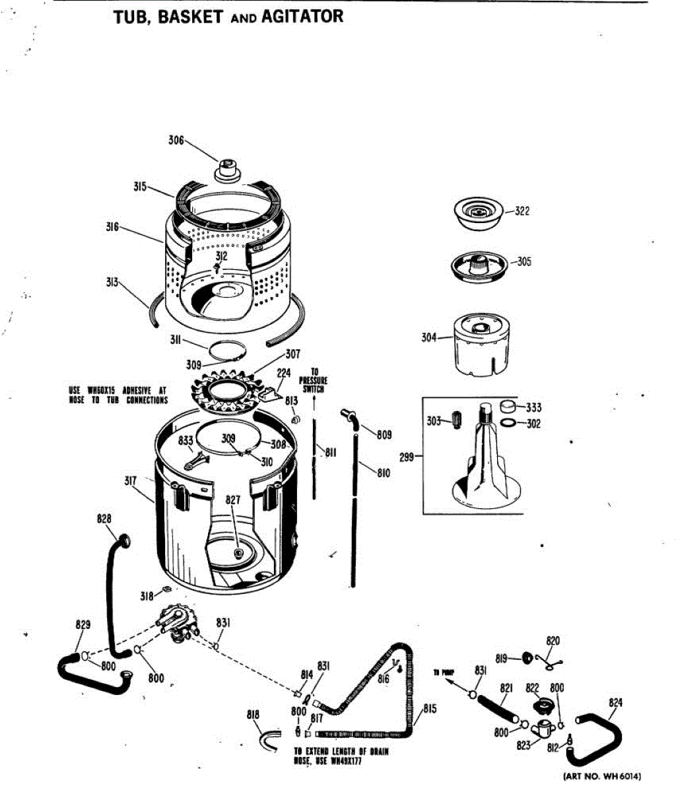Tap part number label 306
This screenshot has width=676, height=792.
point(175,141)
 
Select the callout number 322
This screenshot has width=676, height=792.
point(522,211)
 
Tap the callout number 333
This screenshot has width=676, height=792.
point(533,408)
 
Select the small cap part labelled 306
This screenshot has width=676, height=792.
point(228,169)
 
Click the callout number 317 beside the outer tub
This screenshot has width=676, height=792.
point(130,481)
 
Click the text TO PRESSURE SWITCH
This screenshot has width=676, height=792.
point(314,381)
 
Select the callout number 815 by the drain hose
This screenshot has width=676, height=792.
point(430,709)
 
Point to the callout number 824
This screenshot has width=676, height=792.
point(615,702)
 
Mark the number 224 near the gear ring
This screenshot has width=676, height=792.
point(283,373)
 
